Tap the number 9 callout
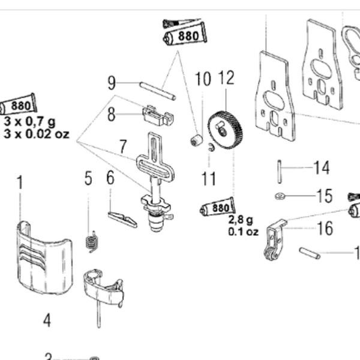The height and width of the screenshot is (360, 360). [x=112, y=83]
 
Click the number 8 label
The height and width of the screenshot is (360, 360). [x=112, y=114]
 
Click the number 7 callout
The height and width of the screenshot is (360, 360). [x=123, y=146]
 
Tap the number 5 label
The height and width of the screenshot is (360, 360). [x=89, y=178]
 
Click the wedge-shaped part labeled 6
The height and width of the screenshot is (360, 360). [x=122, y=218]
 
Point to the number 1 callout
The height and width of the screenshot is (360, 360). [x=20, y=182]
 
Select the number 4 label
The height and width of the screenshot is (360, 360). [x=47, y=320]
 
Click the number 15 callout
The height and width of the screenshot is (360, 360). [x=324, y=196]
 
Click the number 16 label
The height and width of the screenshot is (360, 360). [x=325, y=228]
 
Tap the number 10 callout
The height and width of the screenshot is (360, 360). [x=203, y=79]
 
